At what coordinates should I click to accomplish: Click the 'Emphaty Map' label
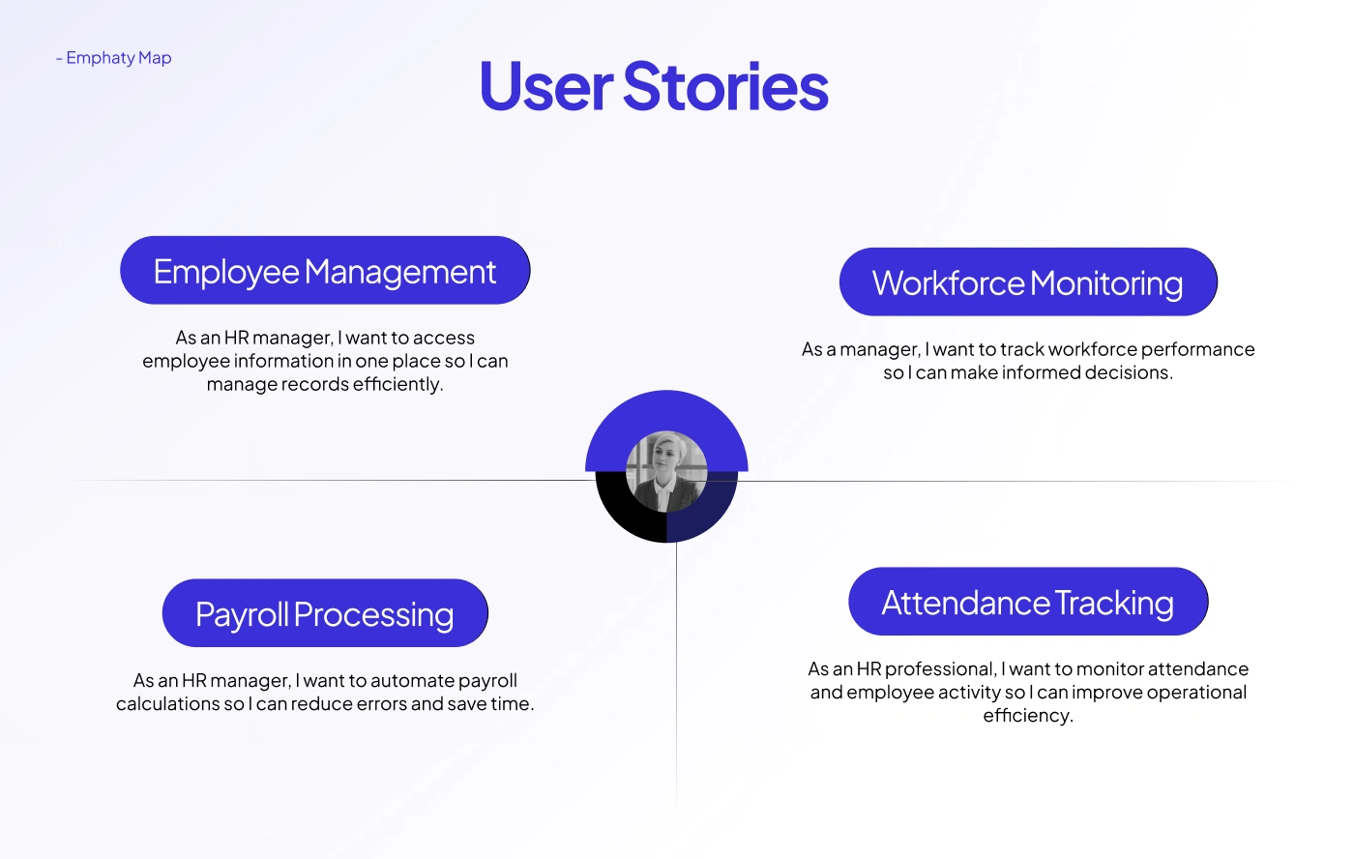[x=118, y=58]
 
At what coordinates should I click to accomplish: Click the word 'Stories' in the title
[x=725, y=86]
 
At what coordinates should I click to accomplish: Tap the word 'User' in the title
[x=546, y=86]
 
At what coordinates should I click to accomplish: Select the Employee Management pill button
[x=325, y=270]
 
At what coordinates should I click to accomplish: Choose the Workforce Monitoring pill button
[x=1028, y=281]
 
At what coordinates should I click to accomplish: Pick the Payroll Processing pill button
[x=325, y=613]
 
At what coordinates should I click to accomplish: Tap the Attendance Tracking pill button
[x=1028, y=602]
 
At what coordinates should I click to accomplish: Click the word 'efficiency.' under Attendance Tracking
[x=1028, y=716]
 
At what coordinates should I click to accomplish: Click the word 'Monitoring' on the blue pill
[x=1106, y=282]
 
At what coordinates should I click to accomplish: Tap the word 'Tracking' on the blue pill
[x=1115, y=603]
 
